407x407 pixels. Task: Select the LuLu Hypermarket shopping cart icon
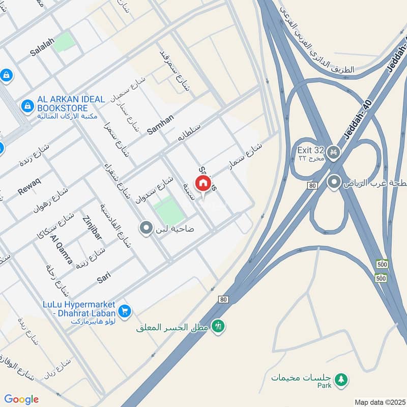click(126, 310)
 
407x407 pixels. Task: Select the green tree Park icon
click(341, 378)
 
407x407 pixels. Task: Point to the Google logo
click(21, 399)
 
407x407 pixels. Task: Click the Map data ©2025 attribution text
click(379, 402)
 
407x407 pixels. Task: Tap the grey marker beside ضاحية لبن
click(146, 228)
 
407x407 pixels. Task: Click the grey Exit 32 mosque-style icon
click(333, 153)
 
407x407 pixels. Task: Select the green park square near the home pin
click(169, 211)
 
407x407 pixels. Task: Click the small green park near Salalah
click(64, 42)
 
